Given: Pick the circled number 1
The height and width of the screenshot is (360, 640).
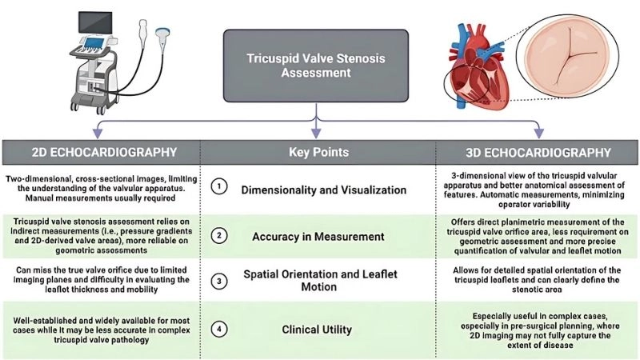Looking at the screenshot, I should pos(217,186).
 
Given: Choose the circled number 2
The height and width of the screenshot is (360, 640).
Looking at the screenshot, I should pos(217,235).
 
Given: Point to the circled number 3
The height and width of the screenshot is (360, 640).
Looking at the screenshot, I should pos(217,281).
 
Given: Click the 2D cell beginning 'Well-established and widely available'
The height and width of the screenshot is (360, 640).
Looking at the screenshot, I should pos(99,326).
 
